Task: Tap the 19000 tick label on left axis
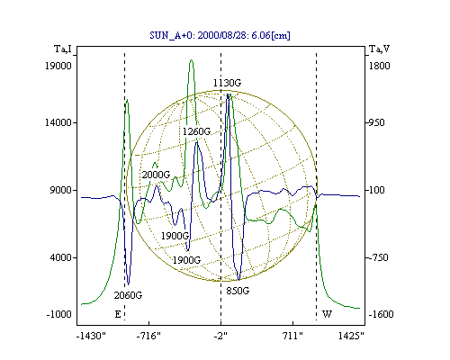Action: tap(58, 66)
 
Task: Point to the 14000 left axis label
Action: tap(58, 122)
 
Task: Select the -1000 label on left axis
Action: tap(59, 314)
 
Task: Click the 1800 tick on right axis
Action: tap(379, 66)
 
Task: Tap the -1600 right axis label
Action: tap(381, 314)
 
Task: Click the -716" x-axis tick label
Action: tap(148, 336)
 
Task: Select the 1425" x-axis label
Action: tap(351, 336)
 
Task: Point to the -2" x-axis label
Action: tap(220, 336)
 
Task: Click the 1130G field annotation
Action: tap(227, 83)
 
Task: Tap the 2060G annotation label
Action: tap(128, 295)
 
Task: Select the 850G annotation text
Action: tap(238, 291)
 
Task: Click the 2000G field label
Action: tap(156, 175)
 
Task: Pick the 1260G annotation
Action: tap(197, 131)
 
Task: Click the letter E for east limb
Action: tap(118, 314)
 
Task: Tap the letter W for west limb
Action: tap(327, 314)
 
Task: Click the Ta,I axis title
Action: tap(63, 49)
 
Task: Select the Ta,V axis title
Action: tap(379, 49)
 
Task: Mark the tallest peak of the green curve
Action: tap(191, 60)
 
